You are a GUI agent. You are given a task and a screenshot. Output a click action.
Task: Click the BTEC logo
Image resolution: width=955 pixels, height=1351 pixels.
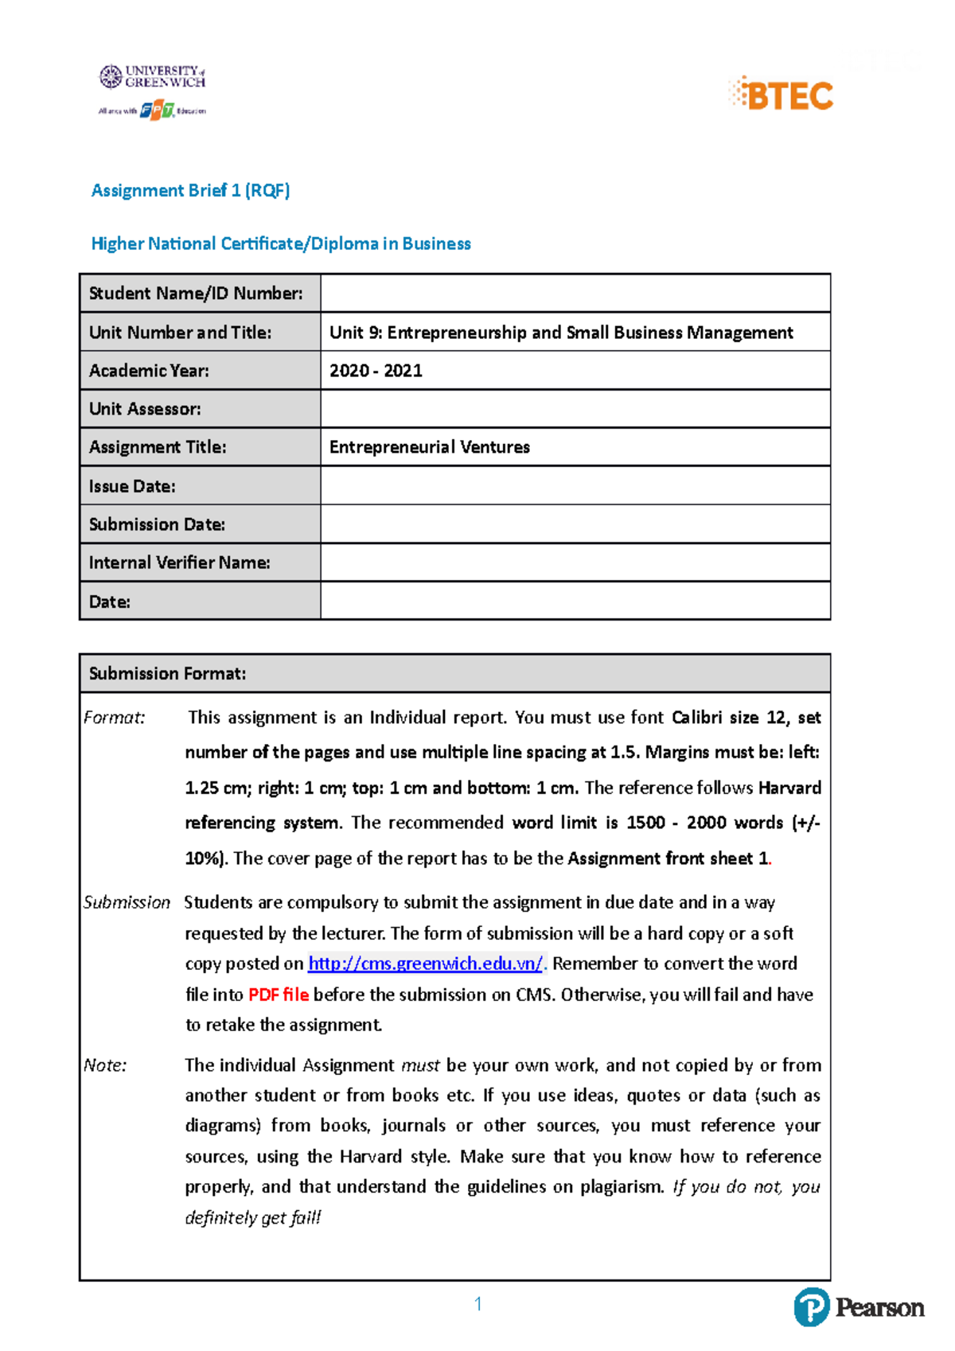782,95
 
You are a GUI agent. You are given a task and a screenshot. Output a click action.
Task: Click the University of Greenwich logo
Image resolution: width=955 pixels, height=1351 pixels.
153,76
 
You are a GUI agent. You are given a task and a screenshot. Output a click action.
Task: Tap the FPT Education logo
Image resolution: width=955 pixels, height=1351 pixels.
157,111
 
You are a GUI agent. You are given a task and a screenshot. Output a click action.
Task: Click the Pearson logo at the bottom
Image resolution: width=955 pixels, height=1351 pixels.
859,1307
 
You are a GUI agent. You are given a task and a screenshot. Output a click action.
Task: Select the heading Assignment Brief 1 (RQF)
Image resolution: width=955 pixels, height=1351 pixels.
190,190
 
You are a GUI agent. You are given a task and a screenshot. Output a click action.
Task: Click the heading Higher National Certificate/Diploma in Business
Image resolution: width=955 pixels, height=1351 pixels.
281,243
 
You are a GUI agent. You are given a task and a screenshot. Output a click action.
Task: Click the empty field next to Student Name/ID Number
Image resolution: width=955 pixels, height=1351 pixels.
575,293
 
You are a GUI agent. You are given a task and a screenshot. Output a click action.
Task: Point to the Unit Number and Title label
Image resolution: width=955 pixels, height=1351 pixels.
180,333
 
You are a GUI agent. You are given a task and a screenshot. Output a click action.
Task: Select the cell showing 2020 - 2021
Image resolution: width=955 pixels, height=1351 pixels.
376,371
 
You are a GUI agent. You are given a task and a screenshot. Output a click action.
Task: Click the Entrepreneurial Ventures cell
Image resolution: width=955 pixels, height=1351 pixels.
430,447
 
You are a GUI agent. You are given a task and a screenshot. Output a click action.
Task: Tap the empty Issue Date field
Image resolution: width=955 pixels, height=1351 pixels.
575,485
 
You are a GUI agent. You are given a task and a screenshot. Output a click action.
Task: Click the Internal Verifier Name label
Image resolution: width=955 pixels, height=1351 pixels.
179,563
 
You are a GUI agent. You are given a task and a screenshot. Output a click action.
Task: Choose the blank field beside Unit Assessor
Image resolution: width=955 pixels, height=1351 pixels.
575,409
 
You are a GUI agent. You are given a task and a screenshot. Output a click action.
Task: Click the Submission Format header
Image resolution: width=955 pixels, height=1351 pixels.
167,673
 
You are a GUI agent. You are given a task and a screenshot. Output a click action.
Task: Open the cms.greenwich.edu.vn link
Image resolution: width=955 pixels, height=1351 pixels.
425,964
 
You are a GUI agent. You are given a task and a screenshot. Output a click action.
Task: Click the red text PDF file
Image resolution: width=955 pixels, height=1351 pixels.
278,995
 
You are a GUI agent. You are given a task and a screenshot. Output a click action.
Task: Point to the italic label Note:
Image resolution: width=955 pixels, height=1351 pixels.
105,1065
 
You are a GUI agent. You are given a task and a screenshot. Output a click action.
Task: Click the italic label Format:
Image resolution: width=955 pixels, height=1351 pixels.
115,718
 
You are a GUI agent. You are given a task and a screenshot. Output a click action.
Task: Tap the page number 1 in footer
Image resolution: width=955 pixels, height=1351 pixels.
477,1303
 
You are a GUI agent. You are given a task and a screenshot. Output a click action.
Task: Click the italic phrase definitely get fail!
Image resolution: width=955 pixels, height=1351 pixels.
252,1217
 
